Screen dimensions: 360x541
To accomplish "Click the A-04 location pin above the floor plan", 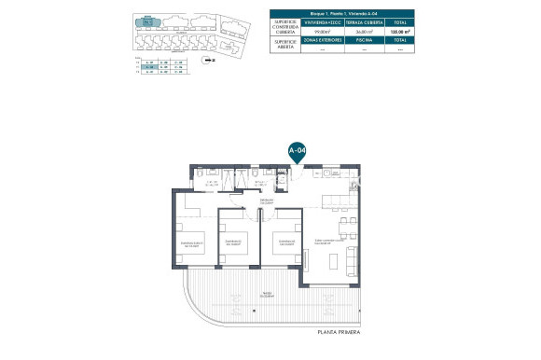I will (297, 150).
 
